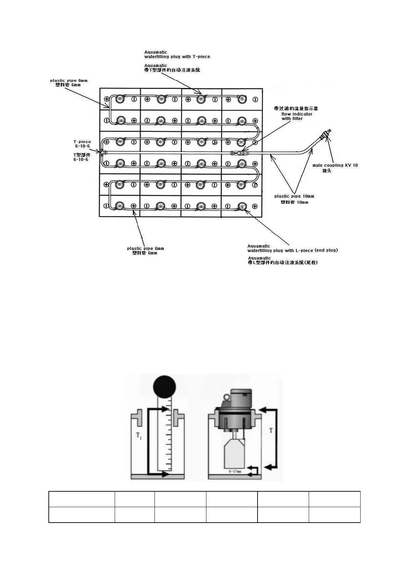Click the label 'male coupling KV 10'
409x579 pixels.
coord(335,165)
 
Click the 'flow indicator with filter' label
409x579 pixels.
coord(297,116)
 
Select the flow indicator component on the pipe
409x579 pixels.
coord(240,153)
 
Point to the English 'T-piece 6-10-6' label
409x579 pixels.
coord(82,144)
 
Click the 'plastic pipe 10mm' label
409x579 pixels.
coord(294,196)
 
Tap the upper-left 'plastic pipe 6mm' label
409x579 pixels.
coord(69,80)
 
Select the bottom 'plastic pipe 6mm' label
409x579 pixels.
coord(145,249)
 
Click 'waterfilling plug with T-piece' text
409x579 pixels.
coord(177,57)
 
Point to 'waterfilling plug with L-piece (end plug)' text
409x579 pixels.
coord(292,250)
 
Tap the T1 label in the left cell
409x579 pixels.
coord(139,436)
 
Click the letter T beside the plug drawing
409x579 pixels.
coord(271,430)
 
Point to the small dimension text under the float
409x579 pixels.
coord(235,471)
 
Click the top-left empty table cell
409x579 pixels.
coord(82,499)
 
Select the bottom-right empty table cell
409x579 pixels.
coord(334,515)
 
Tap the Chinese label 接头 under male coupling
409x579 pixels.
coord(327,171)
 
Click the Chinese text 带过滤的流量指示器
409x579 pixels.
coord(296,109)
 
